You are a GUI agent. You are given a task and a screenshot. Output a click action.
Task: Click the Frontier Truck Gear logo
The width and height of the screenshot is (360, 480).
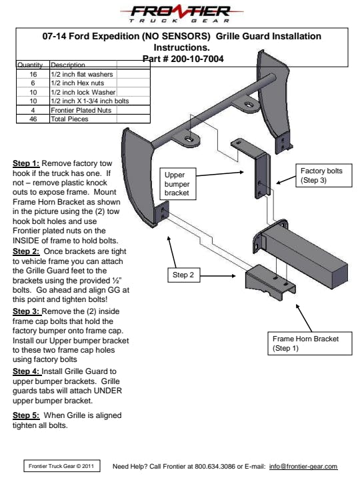182,15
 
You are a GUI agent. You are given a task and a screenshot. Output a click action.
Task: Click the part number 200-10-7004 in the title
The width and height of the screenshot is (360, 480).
197,59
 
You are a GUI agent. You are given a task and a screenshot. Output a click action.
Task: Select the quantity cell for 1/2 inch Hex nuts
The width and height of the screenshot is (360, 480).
33,83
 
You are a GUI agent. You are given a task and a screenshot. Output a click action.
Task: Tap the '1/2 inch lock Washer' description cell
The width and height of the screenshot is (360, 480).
83,92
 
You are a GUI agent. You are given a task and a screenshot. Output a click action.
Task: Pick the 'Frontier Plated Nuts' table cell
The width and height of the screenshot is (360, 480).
81,110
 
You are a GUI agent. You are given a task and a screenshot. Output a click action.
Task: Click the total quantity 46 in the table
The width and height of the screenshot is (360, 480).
33,119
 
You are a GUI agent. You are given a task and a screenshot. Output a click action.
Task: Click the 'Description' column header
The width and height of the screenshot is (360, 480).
68,65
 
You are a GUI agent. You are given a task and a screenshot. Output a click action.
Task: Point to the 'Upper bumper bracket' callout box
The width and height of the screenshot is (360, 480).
178,184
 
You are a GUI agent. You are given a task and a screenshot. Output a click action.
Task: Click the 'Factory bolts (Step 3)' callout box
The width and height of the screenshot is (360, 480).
324,175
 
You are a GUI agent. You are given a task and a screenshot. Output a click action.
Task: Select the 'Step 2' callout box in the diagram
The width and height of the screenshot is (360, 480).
184,275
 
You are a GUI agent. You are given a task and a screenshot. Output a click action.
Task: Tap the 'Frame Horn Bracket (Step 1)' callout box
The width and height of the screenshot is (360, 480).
310,343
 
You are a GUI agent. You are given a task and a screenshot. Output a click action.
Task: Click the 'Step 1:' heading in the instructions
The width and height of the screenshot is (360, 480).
26,163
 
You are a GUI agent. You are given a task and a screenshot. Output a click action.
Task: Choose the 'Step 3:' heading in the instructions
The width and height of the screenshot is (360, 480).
26,311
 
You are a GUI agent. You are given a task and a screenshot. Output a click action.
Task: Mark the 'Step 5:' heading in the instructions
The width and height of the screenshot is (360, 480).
26,415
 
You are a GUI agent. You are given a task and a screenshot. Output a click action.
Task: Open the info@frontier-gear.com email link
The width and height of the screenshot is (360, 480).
303,467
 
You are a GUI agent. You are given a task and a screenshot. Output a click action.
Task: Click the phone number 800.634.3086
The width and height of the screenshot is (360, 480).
215,467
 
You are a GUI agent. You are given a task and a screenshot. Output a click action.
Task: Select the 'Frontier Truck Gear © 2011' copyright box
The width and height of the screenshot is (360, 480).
62,466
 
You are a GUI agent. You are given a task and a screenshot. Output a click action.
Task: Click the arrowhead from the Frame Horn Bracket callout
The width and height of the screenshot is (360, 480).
298,307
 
